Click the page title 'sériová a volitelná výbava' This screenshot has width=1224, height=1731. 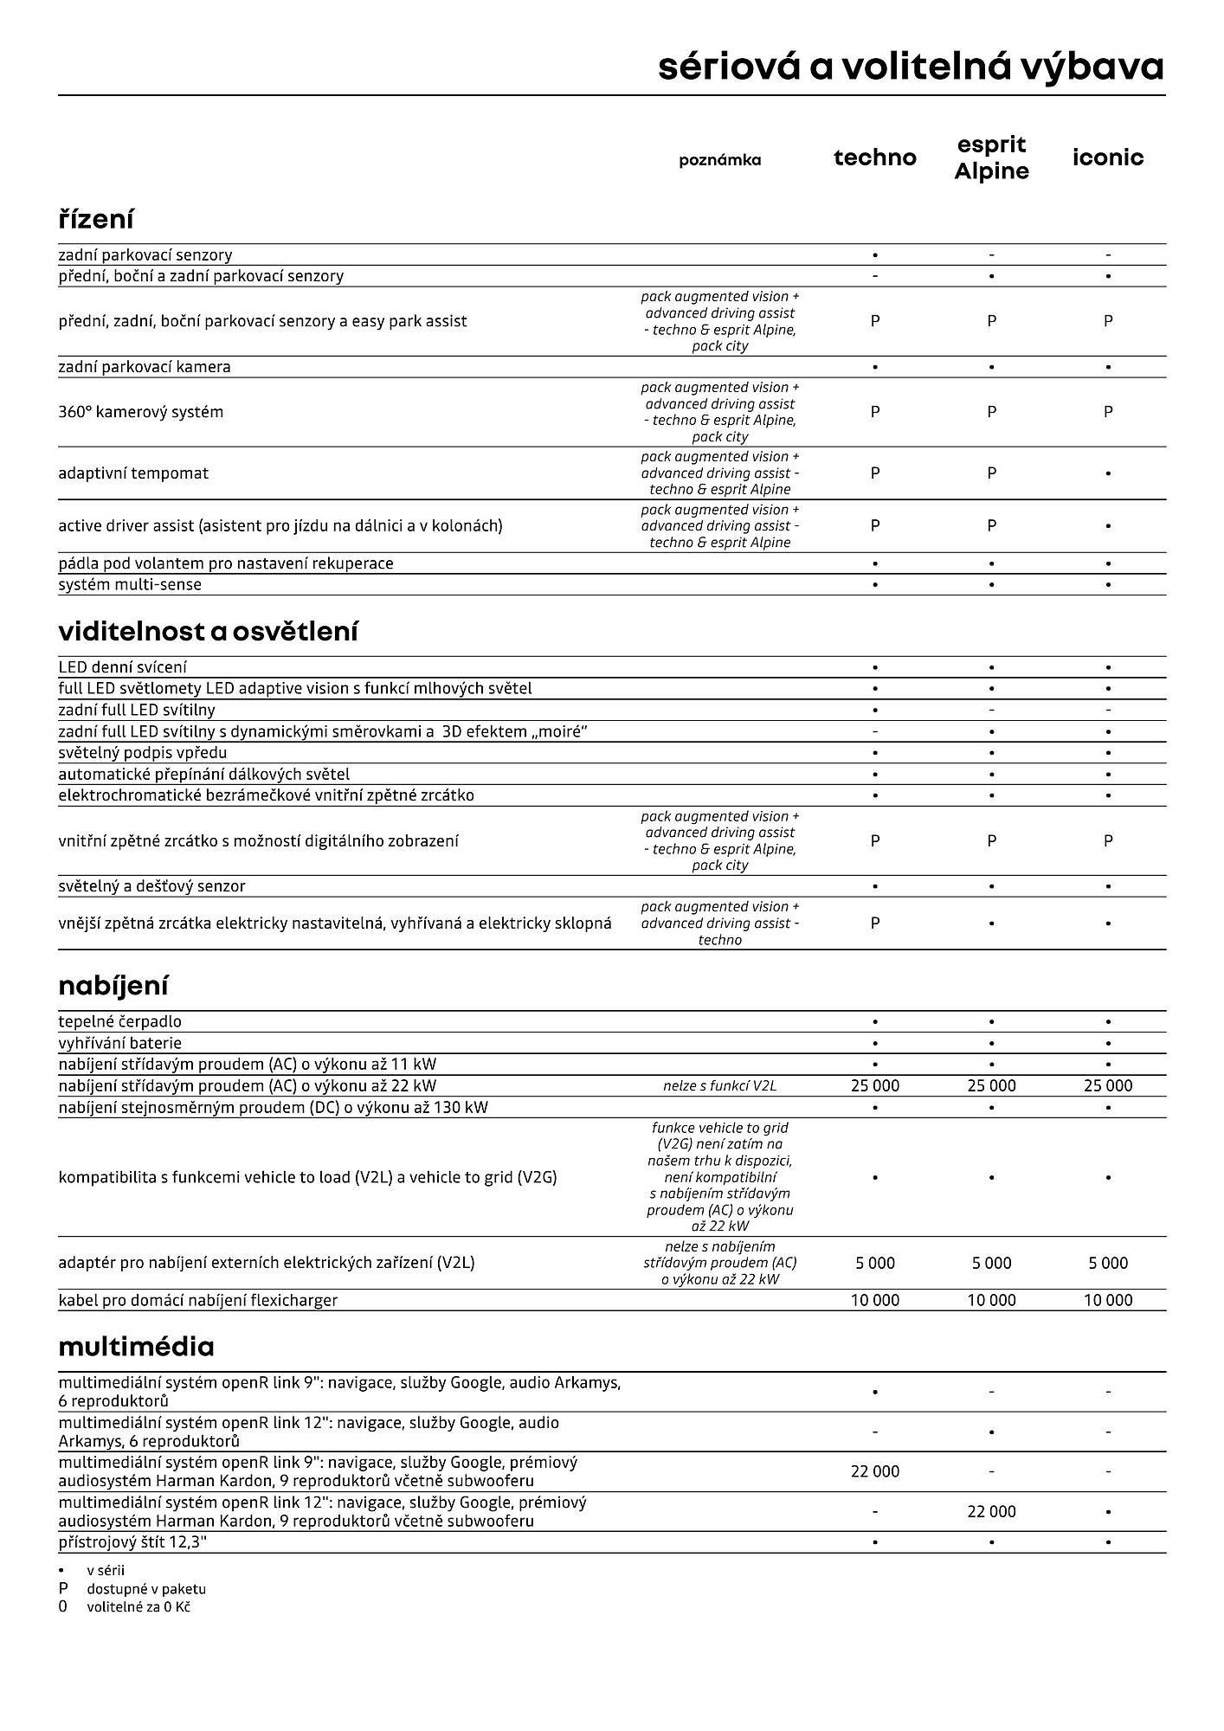pos(911,67)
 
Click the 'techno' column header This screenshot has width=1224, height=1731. pos(874,158)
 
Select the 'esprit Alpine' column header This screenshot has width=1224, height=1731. pos(991,158)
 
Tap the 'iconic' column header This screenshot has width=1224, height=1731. pos(1107,158)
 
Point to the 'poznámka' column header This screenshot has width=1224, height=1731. pos(719,160)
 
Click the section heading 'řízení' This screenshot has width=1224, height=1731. pos(96,219)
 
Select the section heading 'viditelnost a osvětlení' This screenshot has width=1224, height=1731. pos(208,631)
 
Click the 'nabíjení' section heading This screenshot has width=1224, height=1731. pos(113,985)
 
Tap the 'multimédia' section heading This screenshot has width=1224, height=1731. pos(136,1346)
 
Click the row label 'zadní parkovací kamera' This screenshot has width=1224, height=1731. pos(145,367)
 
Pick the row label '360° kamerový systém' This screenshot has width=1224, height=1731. pos(140,412)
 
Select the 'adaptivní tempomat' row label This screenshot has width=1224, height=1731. pos(133,473)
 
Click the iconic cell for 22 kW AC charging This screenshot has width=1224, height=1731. pos(1107,1085)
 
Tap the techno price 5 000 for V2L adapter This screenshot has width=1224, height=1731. pos(874,1263)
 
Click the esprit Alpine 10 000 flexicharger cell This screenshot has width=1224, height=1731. pos(991,1300)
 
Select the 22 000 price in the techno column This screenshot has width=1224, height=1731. pos(874,1471)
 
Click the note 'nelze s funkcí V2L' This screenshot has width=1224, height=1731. pos(719,1086)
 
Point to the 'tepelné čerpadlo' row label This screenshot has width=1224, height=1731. pos(119,1021)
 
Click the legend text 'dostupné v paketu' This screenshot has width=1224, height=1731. pos(146,1589)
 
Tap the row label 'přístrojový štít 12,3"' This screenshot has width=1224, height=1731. pos(132,1542)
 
